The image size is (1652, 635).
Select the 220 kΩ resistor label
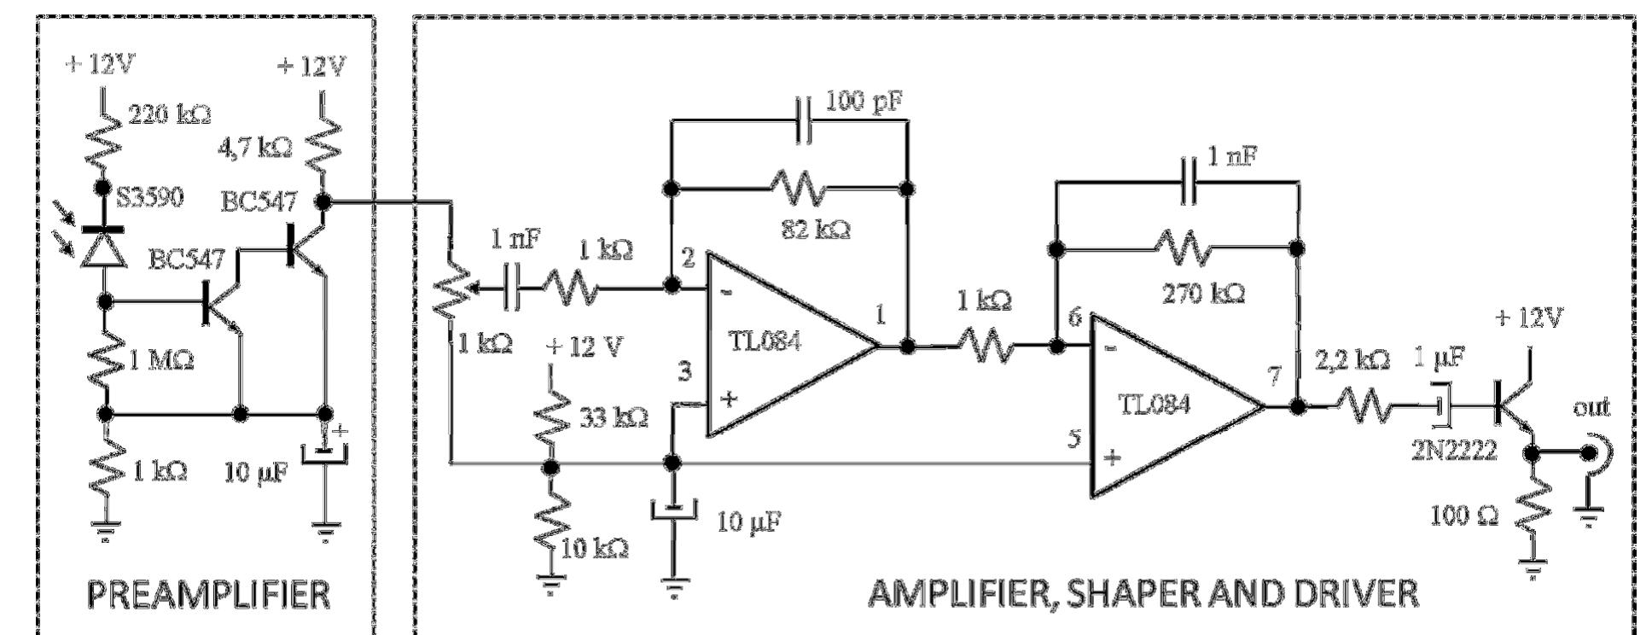[169, 114]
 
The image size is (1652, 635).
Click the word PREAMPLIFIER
[209, 594]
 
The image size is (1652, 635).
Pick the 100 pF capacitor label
[863, 103]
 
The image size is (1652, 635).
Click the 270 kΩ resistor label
[1203, 294]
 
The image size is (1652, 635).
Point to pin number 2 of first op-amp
[689, 258]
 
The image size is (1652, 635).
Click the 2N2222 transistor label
[1453, 451]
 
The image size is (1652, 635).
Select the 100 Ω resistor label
[1463, 516]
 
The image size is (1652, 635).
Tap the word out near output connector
[1591, 408]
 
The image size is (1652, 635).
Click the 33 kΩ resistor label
[614, 418]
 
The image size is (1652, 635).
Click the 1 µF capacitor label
[1440, 359]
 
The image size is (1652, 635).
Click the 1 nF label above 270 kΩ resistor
[1230, 157]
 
